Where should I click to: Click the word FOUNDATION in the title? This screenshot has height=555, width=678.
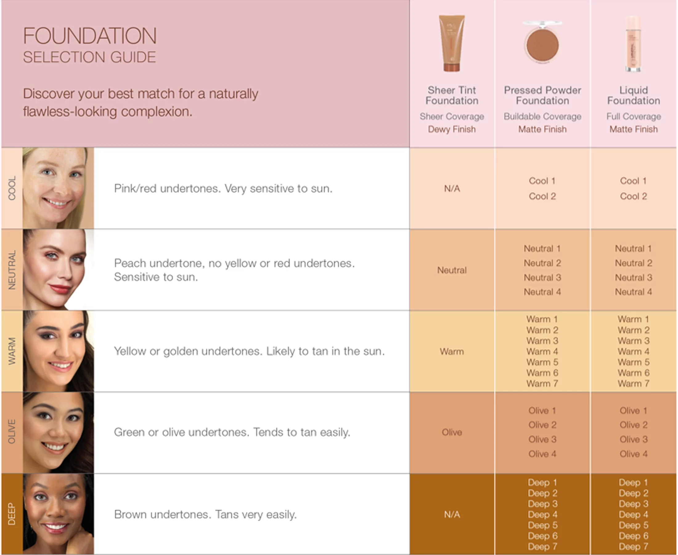click(90, 36)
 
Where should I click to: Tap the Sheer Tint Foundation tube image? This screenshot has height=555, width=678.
click(451, 43)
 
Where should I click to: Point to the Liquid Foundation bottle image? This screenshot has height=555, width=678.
click(633, 44)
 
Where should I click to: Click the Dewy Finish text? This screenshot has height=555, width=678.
click(451, 129)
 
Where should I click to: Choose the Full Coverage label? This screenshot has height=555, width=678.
click(633, 116)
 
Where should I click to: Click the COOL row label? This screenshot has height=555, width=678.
click(12, 188)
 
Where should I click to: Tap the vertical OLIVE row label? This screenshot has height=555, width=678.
click(12, 432)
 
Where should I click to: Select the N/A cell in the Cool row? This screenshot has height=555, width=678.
click(452, 189)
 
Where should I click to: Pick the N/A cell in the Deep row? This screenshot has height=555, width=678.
click(452, 514)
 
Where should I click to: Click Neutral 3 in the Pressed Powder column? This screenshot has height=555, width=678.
click(542, 277)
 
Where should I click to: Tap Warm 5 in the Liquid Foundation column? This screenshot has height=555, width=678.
click(633, 362)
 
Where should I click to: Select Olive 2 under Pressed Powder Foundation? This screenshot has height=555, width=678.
click(542, 425)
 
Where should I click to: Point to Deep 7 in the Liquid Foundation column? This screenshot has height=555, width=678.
click(633, 546)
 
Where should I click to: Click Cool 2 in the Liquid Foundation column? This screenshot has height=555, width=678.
click(633, 196)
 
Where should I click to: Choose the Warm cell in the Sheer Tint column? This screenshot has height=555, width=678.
click(451, 352)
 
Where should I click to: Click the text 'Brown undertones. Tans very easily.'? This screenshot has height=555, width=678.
click(206, 514)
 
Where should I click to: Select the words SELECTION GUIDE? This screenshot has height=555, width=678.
click(89, 57)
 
